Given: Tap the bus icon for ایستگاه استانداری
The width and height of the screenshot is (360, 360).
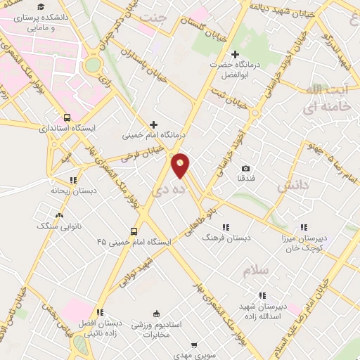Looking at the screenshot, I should [66, 118].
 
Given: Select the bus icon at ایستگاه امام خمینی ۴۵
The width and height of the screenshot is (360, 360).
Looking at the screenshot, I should [134, 231].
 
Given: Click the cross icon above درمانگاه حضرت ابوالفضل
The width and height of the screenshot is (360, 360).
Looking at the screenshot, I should [235, 54].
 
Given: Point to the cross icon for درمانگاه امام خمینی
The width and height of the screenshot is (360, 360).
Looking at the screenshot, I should [154, 124].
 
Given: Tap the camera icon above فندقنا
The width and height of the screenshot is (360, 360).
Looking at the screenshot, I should [245, 169].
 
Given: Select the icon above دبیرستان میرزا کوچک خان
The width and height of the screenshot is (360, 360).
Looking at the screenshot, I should [304, 227].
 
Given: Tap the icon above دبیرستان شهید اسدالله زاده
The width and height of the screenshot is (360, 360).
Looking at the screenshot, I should [262, 295].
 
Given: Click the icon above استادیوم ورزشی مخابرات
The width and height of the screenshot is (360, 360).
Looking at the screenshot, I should [156, 314].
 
